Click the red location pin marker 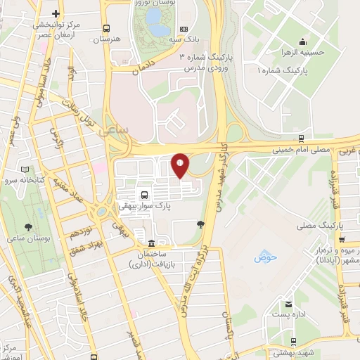tap(181, 165)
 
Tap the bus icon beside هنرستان tap(106, 29)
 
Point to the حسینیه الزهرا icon tap(302, 40)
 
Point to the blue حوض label tap(266, 257)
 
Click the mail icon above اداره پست tap(288, 305)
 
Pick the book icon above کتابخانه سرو tap(26, 169)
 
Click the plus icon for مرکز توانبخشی tap(56, 14)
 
